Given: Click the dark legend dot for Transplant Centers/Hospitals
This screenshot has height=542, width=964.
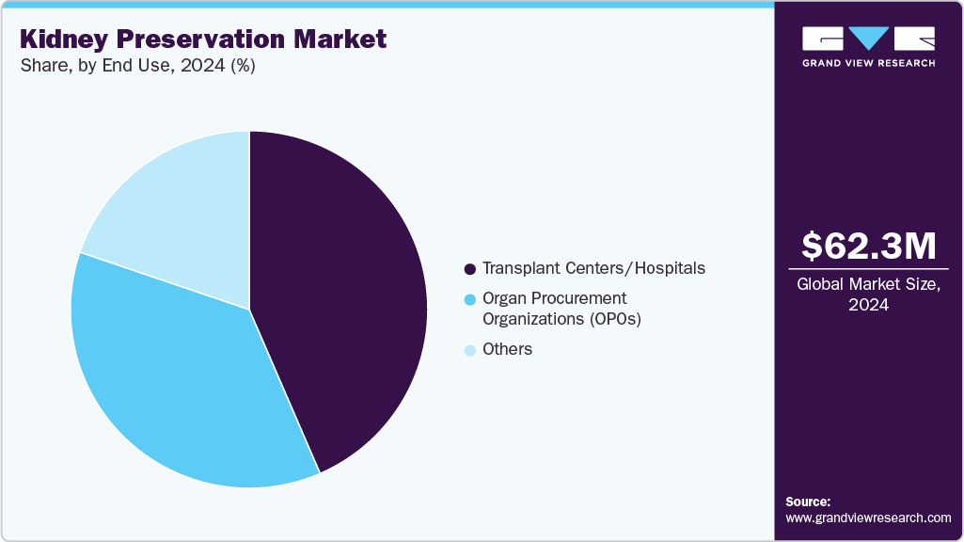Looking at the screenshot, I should (x=469, y=269).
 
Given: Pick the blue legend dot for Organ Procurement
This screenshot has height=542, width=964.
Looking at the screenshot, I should (x=469, y=299).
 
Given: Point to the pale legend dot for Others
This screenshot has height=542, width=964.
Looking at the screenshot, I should (x=469, y=350).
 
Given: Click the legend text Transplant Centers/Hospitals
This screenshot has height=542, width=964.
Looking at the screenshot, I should (x=593, y=268).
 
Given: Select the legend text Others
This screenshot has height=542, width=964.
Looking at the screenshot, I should (x=507, y=349).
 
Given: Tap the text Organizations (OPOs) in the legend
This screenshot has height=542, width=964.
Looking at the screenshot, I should (x=561, y=319).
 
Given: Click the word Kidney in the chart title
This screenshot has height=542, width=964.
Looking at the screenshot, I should (x=69, y=40).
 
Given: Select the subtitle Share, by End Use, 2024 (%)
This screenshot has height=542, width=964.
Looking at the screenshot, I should (x=137, y=66).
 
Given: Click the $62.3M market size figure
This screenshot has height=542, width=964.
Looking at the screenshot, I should (x=868, y=247).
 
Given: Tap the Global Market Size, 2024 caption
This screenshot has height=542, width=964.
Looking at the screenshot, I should (x=868, y=295).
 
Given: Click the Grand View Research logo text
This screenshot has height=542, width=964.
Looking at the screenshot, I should (x=868, y=63).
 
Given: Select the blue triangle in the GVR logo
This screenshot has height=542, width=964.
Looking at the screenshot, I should (x=868, y=38).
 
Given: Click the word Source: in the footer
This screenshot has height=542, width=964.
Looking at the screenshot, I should (x=808, y=502).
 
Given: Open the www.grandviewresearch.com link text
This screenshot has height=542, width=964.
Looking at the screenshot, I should (x=868, y=518).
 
